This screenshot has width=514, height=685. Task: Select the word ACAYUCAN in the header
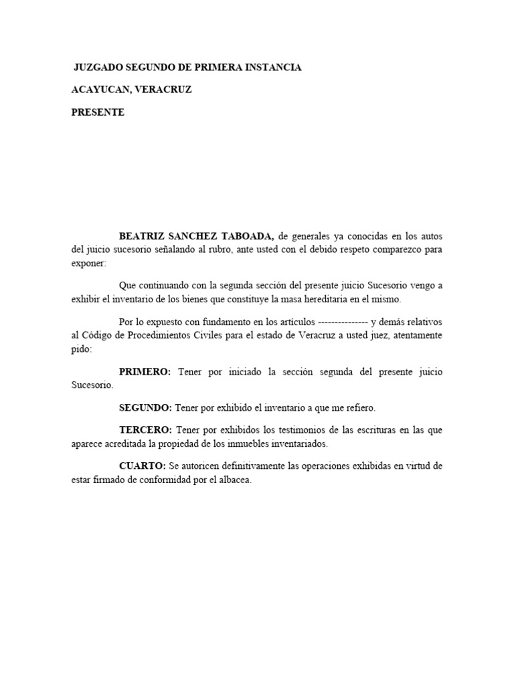100,90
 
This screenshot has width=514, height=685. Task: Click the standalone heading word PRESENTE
98,112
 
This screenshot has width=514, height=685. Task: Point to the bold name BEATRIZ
144,236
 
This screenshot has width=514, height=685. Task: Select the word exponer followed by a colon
88,263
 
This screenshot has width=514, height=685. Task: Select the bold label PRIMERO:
145,371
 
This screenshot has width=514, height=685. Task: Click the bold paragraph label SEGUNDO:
145,407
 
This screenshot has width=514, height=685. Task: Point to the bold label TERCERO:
145,429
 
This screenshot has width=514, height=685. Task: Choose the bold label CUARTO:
142,466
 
